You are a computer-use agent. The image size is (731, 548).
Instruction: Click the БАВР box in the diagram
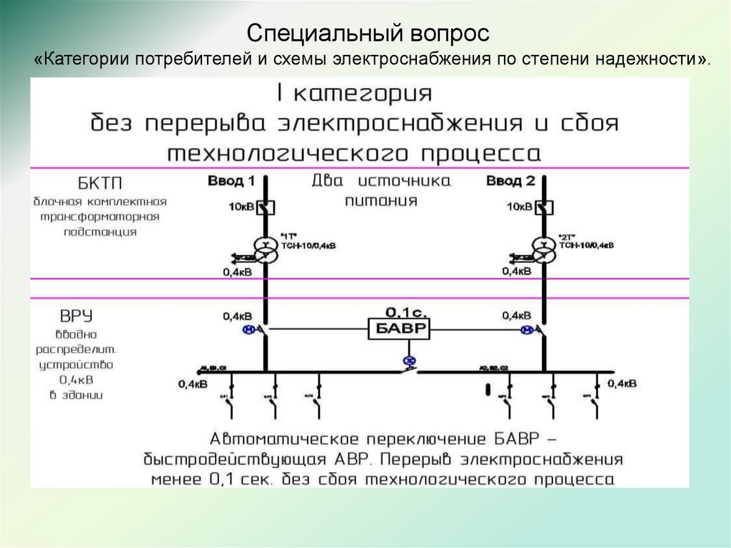[399, 329]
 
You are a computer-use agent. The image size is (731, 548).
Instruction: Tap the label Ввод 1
[231, 181]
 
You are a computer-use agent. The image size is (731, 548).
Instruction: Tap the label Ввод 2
[510, 181]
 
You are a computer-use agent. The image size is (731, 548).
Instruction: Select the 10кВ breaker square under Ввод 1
[266, 207]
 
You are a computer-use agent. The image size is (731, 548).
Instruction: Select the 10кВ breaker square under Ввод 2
[546, 207]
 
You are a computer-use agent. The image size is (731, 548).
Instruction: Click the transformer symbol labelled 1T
[266, 249]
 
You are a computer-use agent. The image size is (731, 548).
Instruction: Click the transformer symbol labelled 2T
[546, 249]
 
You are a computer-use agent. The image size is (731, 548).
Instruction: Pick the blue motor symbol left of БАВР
[249, 329]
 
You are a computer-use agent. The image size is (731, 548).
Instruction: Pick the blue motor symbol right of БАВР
[528, 329]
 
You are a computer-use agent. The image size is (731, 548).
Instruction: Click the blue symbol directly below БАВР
[409, 361]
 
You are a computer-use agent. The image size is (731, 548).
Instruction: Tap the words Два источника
[381, 181]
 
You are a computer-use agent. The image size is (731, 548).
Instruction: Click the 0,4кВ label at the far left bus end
[193, 384]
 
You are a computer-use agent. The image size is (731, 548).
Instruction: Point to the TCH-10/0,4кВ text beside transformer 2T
[586, 245]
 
